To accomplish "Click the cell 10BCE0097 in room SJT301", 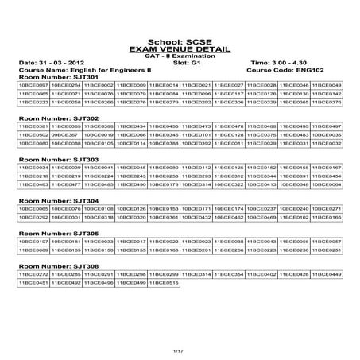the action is point(33,84).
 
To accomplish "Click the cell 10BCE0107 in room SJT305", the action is point(33,241).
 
